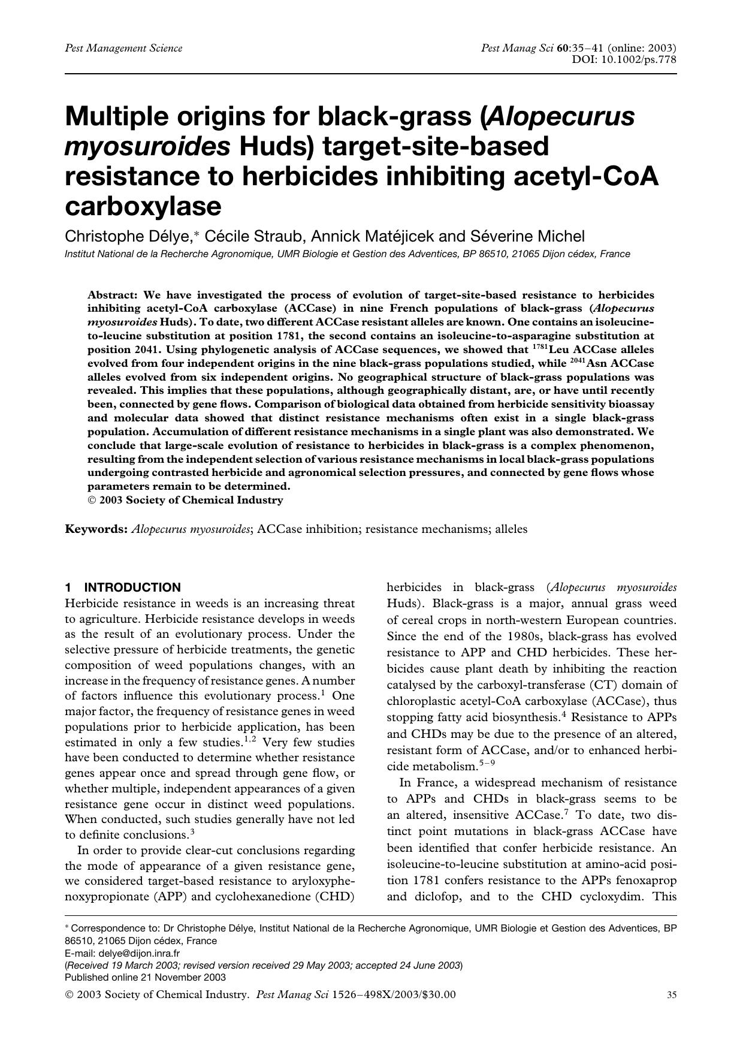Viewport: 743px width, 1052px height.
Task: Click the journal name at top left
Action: (x=123, y=48)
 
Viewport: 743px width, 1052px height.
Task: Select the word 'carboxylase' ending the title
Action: (x=143, y=206)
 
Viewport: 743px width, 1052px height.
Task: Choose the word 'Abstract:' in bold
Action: (x=113, y=295)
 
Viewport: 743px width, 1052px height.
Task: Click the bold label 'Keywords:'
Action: (x=96, y=529)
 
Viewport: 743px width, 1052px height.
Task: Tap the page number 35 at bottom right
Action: (x=672, y=995)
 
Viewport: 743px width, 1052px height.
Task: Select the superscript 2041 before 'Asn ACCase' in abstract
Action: (x=576, y=361)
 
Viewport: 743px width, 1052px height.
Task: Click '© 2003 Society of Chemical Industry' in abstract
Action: (x=185, y=500)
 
